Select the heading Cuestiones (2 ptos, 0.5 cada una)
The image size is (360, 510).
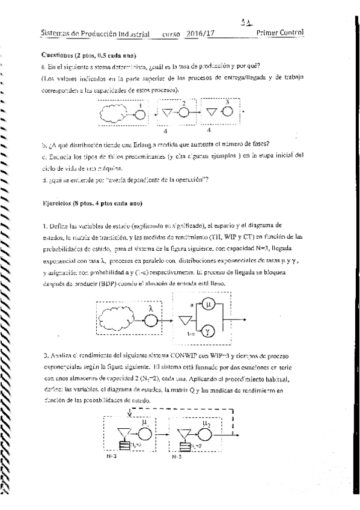81,55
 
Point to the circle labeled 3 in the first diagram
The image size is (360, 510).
228,111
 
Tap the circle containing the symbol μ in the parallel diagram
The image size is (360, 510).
208,306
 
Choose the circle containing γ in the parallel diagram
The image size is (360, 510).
208,331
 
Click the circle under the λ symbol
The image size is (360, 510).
150,318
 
